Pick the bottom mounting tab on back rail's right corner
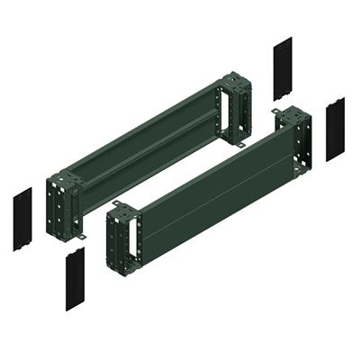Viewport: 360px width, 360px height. pos(242,143)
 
